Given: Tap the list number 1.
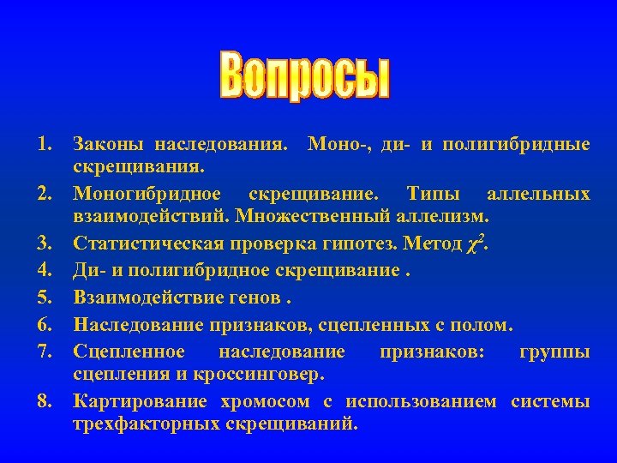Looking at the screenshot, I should (45, 142).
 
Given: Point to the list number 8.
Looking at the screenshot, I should (45, 402).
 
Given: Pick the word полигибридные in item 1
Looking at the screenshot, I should (528, 142).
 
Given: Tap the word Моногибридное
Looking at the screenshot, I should (147, 194).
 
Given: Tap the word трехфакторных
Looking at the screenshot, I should (143, 424).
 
